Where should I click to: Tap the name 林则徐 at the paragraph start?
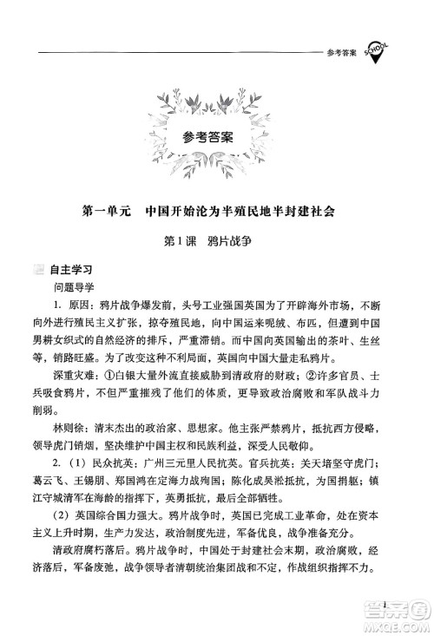69,429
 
